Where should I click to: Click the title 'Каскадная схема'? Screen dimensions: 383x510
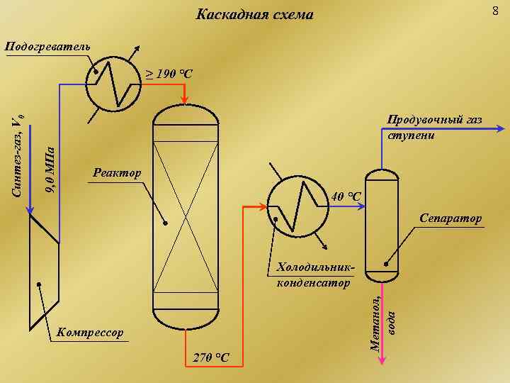pos(254,14)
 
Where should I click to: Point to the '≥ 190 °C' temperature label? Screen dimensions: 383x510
pos(169,74)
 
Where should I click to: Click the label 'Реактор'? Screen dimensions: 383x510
pos(118,173)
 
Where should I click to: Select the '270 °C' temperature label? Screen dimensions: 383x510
pos(211,356)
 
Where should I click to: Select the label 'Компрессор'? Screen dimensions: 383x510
pos(89,332)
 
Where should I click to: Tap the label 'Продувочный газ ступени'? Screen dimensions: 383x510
pos(434,128)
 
